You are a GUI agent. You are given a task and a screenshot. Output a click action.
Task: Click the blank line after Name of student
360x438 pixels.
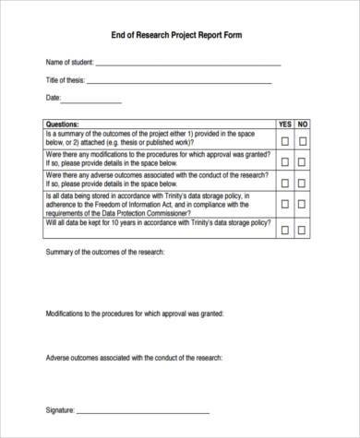tap(188, 65)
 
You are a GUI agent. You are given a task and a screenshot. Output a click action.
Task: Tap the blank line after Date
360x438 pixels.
tap(92, 101)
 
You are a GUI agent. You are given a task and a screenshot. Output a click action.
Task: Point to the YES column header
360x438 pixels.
tap(284, 124)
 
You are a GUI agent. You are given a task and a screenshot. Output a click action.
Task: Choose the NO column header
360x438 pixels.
tap(303, 124)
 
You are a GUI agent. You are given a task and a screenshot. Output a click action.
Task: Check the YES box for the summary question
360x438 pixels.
tap(284, 140)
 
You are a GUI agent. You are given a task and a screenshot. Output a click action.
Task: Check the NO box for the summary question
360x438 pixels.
tap(303, 140)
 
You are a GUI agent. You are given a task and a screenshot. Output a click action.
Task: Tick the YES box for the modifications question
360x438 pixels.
tap(284, 160)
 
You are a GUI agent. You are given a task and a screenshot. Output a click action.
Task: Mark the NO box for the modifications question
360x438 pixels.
tap(303, 160)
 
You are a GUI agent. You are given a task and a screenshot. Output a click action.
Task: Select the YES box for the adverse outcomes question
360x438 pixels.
tap(284, 181)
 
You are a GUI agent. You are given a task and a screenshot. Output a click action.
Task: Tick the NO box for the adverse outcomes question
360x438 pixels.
tap(303, 181)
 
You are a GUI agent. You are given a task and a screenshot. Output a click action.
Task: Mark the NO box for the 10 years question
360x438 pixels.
tap(303, 230)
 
